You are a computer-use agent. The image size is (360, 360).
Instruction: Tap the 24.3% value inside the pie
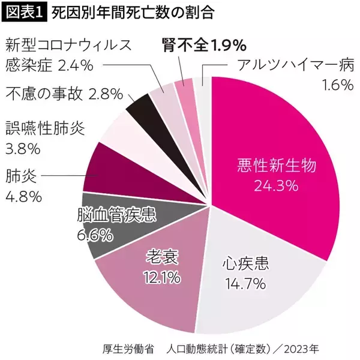pyautogui.click(x=276, y=186)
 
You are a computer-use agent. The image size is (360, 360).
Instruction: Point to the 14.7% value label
pyautogui.click(x=245, y=283)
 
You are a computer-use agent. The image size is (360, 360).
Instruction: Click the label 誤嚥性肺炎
pyautogui.click(x=45, y=128)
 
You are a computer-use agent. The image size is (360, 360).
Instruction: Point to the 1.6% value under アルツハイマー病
pyautogui.click(x=337, y=85)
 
